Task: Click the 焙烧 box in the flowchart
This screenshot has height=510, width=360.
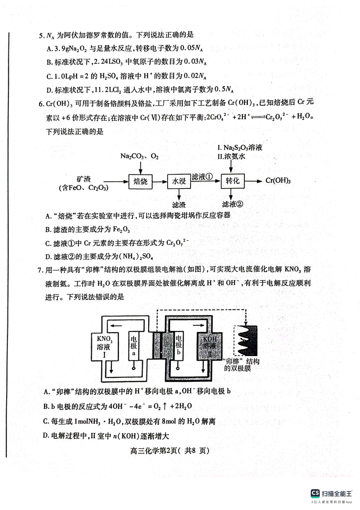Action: (140, 181)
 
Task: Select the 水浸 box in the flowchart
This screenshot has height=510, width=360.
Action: (179, 181)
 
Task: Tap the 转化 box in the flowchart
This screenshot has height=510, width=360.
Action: (232, 181)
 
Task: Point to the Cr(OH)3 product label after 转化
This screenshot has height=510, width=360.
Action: (278, 181)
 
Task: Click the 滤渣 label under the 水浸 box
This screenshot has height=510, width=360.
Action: (179, 205)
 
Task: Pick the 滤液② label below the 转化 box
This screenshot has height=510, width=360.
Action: (232, 205)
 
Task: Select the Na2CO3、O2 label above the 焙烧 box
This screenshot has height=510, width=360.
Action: (139, 156)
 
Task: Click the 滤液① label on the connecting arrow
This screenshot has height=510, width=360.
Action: (202, 177)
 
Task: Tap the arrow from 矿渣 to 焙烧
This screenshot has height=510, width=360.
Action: (115, 181)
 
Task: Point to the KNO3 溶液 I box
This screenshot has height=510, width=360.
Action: (104, 347)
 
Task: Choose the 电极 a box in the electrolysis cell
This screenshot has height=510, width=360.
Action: (134, 346)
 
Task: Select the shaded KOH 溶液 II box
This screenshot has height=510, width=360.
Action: (210, 346)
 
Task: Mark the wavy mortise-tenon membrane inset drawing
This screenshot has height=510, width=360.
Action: (246, 341)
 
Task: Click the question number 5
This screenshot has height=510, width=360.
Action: (41, 35)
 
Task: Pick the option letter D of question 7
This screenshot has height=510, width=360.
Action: (46, 436)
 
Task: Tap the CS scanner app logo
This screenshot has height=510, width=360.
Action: (315, 493)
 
